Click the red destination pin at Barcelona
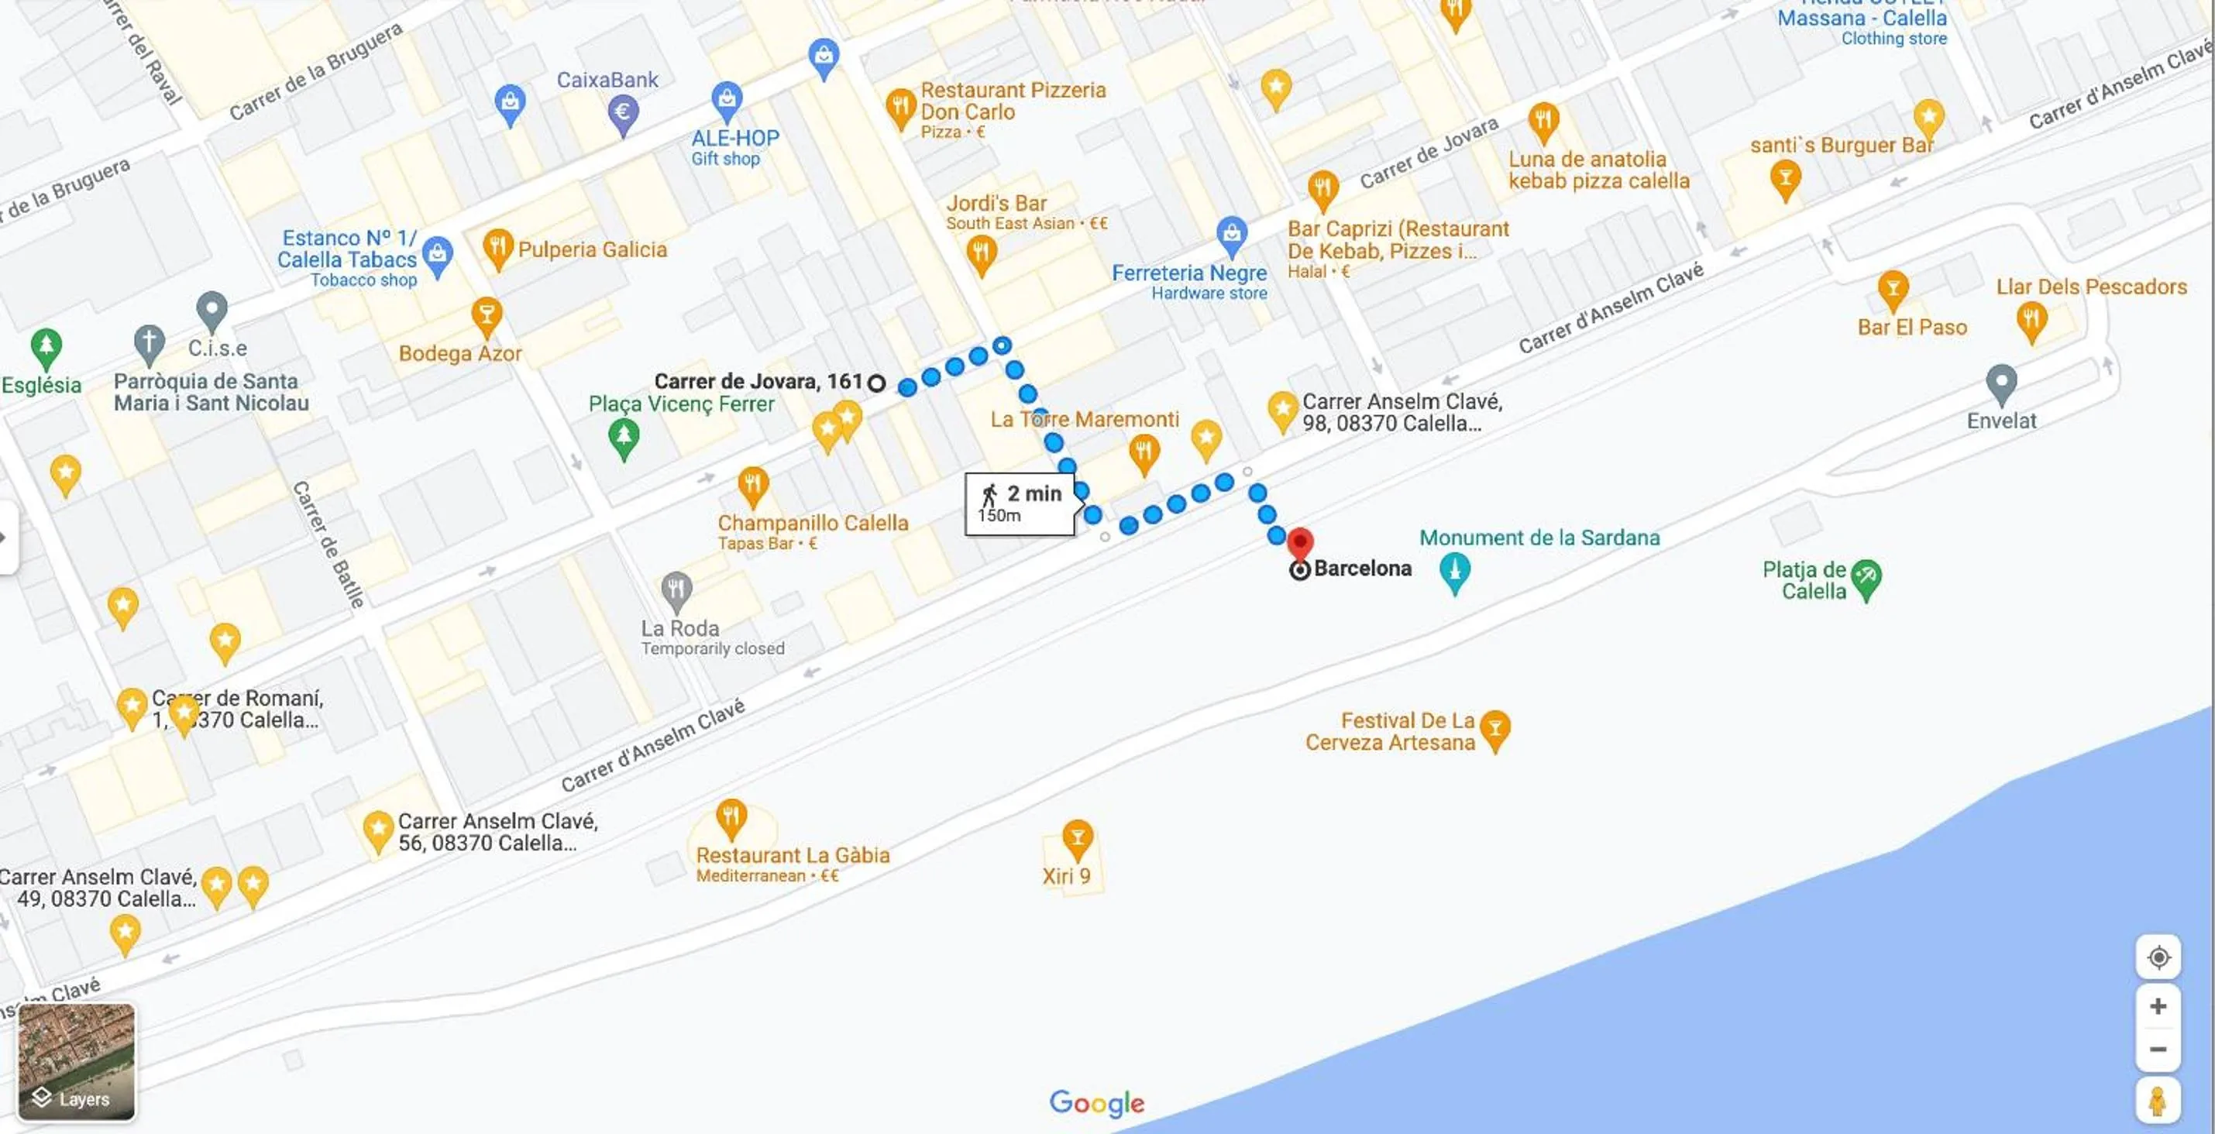(x=1299, y=543)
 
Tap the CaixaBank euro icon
(x=623, y=112)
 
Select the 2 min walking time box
(x=1020, y=503)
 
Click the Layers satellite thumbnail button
(x=77, y=1063)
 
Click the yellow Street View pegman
(x=2158, y=1101)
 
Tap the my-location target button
(x=2158, y=957)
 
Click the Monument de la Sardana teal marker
(x=1454, y=571)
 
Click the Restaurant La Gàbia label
(x=792, y=855)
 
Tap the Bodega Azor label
(x=460, y=353)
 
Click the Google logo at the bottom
(x=1096, y=1102)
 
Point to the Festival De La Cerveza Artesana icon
(x=1495, y=728)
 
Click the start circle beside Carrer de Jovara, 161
(x=876, y=383)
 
